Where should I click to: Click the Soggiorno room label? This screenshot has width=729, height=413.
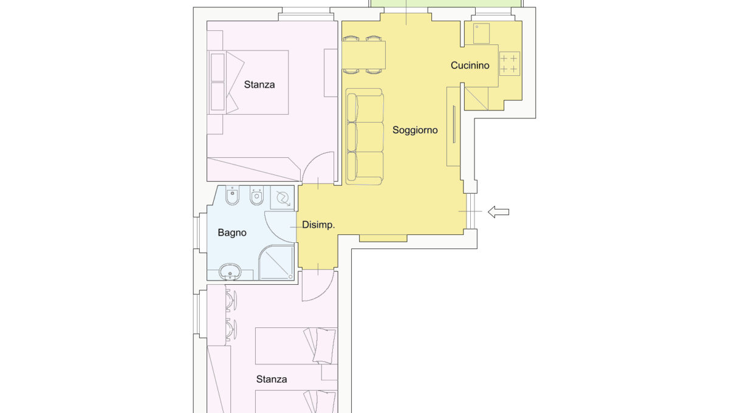point(415,131)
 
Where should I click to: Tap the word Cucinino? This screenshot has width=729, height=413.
point(470,66)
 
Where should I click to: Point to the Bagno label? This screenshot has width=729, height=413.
point(232,233)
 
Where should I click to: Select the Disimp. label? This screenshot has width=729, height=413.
point(318,225)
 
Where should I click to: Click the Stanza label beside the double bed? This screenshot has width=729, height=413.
point(259,84)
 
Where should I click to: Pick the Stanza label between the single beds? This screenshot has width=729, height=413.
point(272,379)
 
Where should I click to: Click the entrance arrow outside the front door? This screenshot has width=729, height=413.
point(498,212)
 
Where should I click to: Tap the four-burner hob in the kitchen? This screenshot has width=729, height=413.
point(509,64)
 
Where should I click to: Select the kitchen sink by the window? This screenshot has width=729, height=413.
point(481,33)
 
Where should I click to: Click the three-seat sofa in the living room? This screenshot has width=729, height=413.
point(365,137)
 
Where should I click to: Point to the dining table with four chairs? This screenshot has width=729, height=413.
point(363,55)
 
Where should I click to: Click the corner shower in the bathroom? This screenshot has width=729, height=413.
point(276,262)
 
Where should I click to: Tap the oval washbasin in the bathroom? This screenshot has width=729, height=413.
point(230,271)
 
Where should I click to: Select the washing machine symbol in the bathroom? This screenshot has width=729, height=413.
point(282,197)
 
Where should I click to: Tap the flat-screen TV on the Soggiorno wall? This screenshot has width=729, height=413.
point(454,124)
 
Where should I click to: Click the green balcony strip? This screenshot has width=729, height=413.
point(446,3)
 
